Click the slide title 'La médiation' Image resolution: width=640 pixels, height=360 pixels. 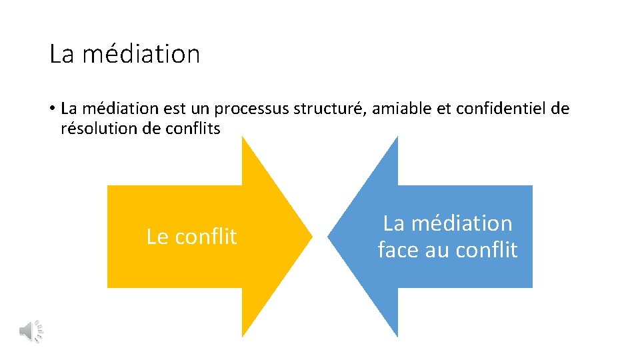click(125, 54)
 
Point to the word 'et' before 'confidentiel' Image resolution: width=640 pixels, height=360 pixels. click(443, 109)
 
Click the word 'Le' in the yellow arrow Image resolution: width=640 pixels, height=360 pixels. click(157, 237)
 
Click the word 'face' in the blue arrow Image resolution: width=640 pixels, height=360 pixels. click(397, 250)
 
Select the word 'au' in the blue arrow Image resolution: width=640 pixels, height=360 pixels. click(434, 250)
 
